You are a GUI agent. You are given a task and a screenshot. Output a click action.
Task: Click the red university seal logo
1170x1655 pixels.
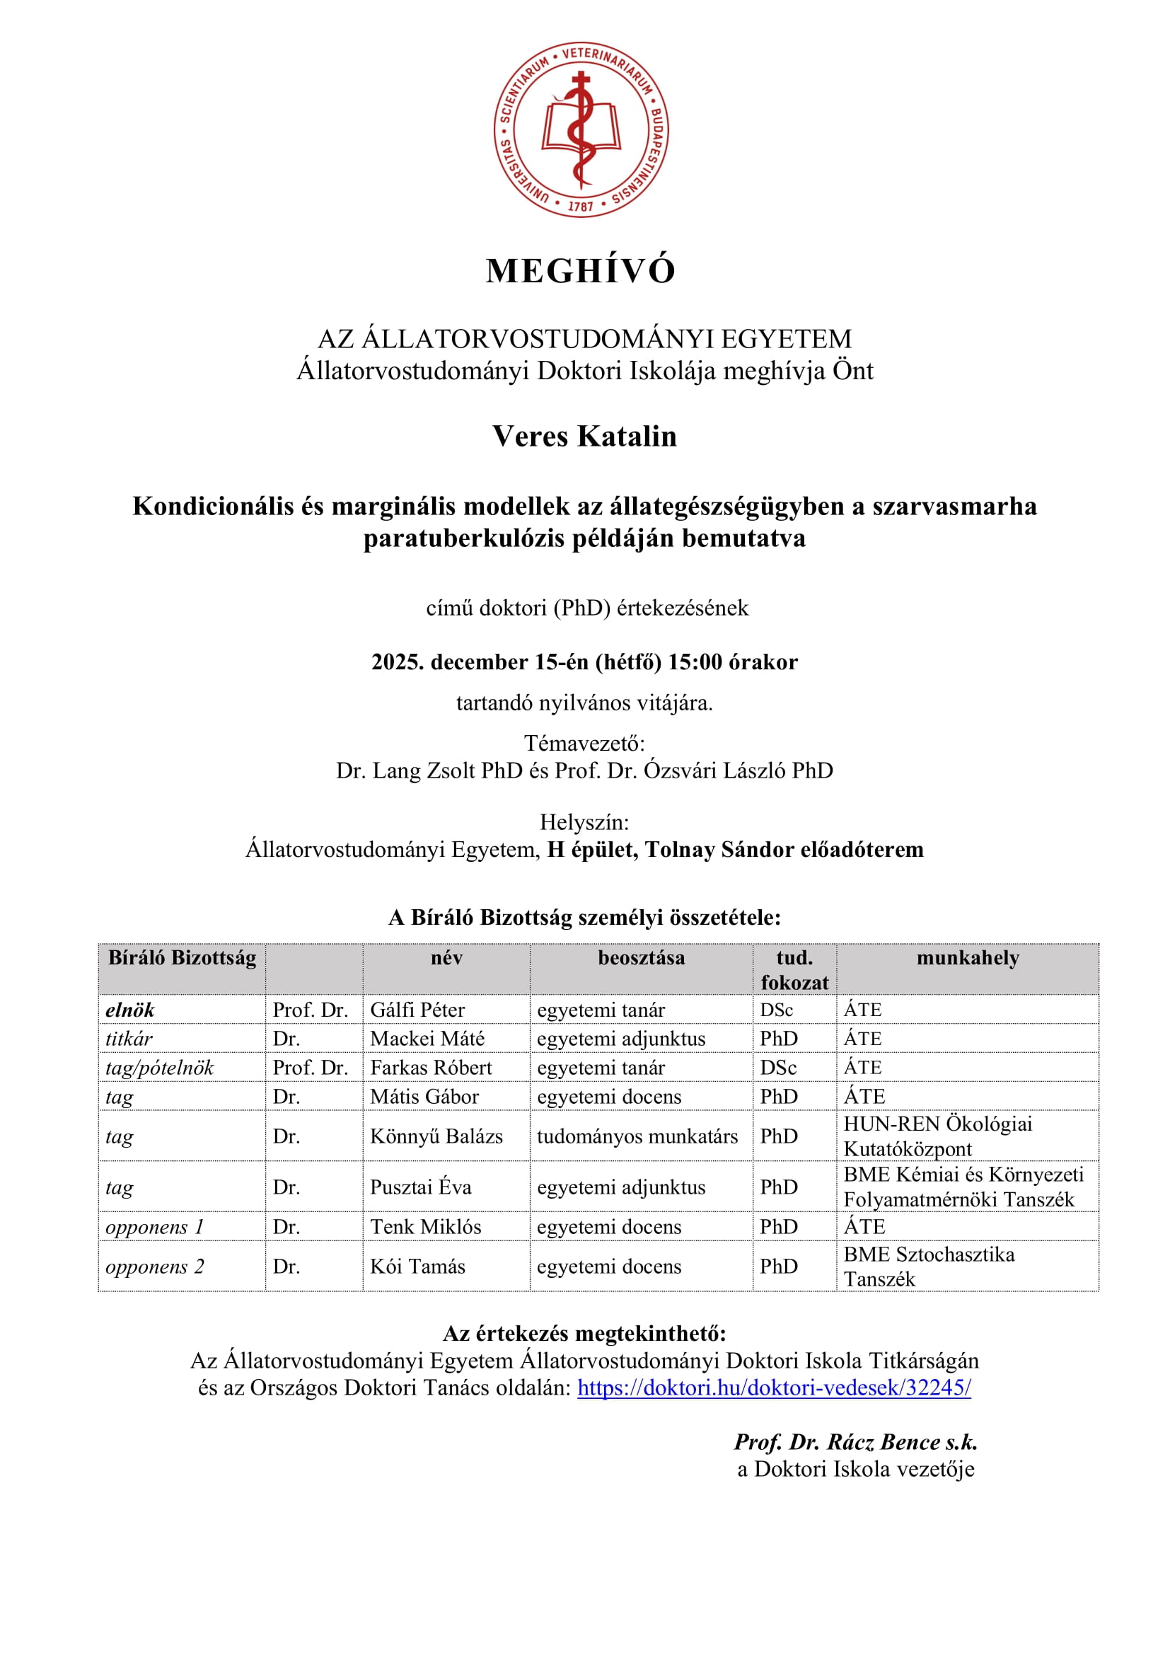[581, 129]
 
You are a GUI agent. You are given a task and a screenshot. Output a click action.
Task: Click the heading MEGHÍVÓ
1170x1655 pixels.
[581, 271]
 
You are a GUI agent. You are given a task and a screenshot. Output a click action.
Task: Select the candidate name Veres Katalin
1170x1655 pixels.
[584, 436]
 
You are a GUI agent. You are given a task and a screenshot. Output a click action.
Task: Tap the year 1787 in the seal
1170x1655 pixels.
[581, 206]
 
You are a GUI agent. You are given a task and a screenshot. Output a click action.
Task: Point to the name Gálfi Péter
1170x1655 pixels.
[417, 1010]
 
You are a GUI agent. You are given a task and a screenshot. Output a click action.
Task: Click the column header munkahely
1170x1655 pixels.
[967, 958]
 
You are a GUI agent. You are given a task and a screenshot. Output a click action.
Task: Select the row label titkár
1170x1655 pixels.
[129, 1039]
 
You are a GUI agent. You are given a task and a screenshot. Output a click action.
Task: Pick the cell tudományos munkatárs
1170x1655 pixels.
[637, 1136]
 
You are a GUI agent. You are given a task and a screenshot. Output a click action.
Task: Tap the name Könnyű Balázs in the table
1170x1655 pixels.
[436, 1136]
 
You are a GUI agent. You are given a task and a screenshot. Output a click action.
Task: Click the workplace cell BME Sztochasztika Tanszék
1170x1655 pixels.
[929, 1267]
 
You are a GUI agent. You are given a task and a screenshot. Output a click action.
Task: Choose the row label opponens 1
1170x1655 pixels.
[155, 1227]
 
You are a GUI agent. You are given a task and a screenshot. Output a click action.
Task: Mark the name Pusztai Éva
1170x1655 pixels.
[421, 1187]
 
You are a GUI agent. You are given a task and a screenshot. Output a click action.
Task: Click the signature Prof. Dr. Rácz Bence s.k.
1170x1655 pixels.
[855, 1441]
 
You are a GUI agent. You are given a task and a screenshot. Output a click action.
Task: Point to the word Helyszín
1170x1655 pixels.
[584, 821]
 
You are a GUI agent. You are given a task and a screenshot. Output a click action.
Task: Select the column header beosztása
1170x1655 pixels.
[641, 958]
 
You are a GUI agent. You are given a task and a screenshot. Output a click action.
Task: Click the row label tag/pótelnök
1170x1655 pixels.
[159, 1068]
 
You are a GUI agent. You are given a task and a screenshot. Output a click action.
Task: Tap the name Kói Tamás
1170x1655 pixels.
[417, 1267]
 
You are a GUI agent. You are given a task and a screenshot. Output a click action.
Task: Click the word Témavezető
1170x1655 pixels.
[584, 742]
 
